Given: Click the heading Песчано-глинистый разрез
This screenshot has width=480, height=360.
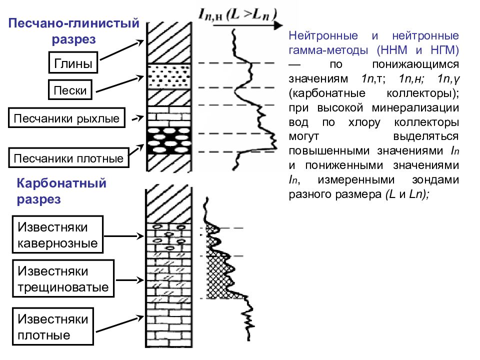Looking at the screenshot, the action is (74, 31).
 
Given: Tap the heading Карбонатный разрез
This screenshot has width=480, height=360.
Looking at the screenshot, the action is (61, 191).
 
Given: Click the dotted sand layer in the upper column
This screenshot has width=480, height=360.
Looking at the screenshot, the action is (169, 76).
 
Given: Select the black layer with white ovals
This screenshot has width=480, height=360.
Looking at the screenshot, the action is (169, 140).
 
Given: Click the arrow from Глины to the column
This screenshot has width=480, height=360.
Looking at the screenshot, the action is (122, 50).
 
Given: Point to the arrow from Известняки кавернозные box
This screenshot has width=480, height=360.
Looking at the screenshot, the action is (124, 236).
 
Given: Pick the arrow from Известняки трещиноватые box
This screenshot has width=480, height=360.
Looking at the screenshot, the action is (130, 280).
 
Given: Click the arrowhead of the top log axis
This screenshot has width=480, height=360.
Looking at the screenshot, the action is (278, 25).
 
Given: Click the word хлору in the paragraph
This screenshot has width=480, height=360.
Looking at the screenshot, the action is (364, 122).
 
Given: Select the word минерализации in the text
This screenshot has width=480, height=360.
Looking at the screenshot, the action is (415, 108).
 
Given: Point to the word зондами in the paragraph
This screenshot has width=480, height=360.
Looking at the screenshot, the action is (435, 179).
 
